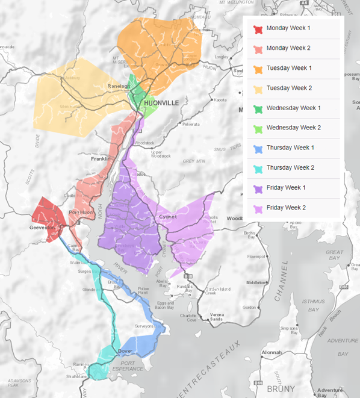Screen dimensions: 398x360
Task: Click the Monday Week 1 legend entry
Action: point(288,28)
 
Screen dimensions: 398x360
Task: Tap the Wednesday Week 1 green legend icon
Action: point(258,108)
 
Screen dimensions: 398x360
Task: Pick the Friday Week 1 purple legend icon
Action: point(258,188)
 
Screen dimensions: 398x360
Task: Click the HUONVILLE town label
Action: point(161,104)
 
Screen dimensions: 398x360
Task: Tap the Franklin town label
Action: point(101,159)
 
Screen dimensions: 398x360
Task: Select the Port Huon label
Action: point(80,213)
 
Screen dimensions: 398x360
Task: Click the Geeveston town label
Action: point(42,228)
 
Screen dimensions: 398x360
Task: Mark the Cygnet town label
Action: point(167,217)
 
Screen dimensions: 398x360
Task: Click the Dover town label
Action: point(125,351)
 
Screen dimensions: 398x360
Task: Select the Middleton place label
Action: point(255,282)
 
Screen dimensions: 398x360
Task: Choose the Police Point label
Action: point(143,291)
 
